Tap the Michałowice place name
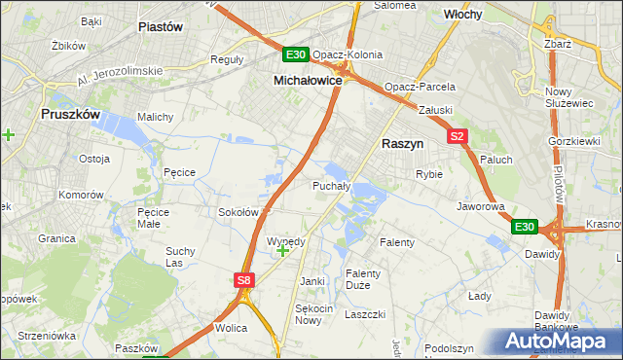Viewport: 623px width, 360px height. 308,81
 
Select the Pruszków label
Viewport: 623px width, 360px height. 71,114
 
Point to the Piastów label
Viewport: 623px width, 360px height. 162,27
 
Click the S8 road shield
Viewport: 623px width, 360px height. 244,281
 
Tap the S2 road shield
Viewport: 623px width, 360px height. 458,137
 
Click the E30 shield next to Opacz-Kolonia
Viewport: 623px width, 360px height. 296,55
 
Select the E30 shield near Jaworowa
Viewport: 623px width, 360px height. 525,227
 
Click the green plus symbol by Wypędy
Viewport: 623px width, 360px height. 282,251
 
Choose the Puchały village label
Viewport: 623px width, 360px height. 330,185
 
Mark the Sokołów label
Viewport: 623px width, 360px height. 238,212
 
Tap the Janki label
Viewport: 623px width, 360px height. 311,281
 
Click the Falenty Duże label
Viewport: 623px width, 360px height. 364,279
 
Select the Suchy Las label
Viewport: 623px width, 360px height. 180,257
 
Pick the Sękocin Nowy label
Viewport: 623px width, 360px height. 308,313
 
